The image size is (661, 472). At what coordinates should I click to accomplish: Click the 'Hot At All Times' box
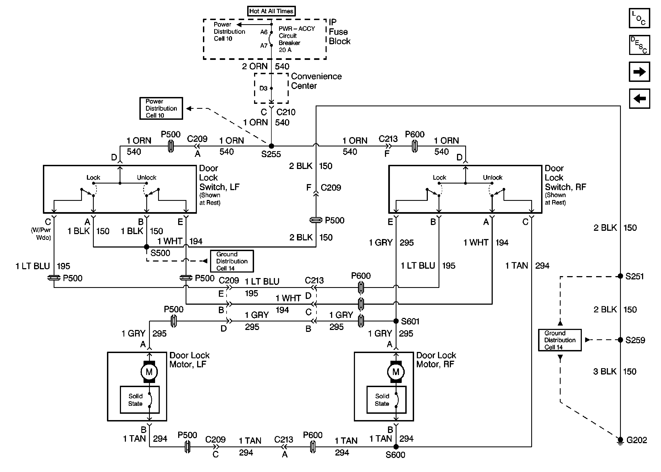coord(271,11)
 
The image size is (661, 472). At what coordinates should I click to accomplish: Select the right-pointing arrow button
coord(639,71)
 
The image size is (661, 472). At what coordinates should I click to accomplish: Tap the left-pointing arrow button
coord(639,99)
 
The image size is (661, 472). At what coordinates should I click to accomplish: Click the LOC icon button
coord(639,18)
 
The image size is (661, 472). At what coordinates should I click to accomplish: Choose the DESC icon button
coord(639,45)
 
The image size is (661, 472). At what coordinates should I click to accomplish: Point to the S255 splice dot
coord(271,146)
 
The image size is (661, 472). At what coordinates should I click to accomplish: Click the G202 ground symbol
coord(620,441)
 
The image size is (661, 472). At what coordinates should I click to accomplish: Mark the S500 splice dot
coord(147,247)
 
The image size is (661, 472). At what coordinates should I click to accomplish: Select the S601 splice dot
coord(396,321)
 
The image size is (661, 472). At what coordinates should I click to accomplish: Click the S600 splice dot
coord(396,447)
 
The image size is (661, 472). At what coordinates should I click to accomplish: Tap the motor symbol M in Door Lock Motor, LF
coord(149,372)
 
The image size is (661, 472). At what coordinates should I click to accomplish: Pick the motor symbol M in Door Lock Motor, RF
coord(396,372)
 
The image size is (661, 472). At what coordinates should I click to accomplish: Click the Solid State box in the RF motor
coord(387,400)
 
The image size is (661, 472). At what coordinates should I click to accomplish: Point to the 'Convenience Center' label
coord(316,81)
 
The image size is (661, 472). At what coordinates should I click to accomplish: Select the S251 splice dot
coord(620,276)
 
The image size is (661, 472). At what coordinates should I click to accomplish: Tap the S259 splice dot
coord(620,340)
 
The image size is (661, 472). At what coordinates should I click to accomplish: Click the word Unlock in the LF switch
coord(147,177)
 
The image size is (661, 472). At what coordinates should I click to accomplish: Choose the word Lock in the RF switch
coord(439,177)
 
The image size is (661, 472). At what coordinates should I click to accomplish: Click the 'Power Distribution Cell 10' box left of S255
coord(161,109)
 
